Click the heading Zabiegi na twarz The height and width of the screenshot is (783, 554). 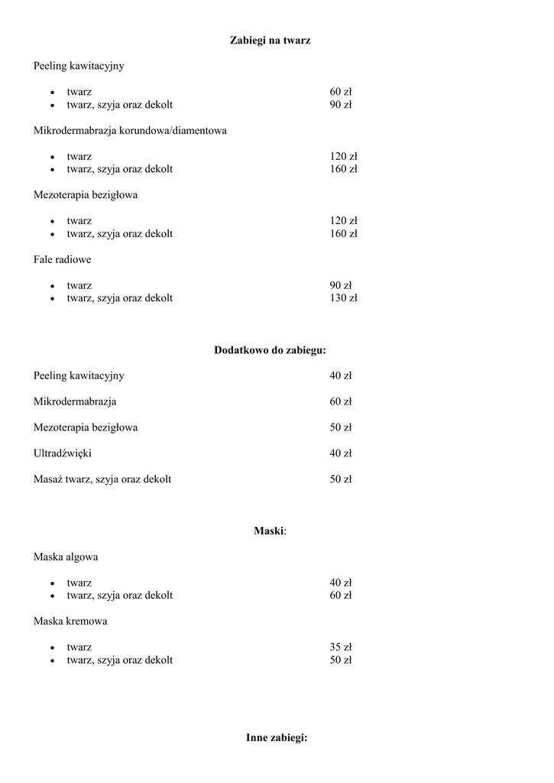270,40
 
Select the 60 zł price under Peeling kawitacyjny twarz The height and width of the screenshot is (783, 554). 340,92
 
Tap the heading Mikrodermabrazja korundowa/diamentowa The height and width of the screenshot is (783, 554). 130,131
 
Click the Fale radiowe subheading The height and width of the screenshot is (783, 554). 62,260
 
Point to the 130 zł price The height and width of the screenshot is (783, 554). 343,298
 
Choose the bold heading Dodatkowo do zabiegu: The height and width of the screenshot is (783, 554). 270,350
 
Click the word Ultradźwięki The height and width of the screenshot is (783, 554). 63,453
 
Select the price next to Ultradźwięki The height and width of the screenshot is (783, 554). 340,453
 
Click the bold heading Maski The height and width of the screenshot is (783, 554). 269,531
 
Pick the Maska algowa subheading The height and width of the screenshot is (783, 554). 65,557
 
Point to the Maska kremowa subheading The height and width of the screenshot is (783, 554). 70,621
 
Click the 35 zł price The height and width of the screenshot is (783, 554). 340,647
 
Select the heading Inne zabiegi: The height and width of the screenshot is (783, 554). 277,738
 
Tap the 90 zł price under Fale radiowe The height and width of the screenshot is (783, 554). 340,285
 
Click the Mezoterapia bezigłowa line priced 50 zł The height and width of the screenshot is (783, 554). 86,427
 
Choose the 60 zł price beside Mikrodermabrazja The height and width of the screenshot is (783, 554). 340,401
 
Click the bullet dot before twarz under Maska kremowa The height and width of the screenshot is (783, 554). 52,648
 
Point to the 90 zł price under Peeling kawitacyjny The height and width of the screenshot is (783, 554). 340,105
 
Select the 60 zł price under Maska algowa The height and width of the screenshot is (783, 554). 340,596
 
